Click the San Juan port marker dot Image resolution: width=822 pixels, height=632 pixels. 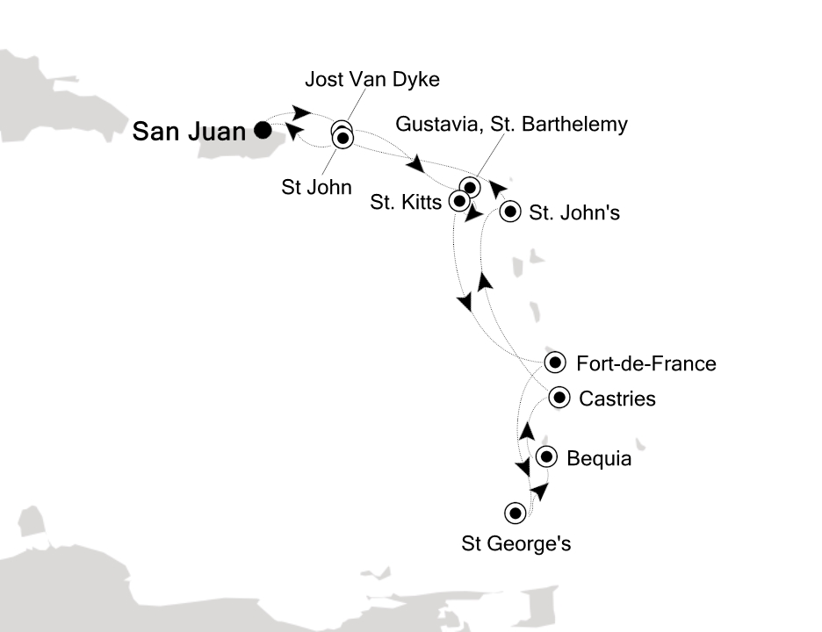262,132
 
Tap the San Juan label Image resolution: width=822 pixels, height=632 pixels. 188,133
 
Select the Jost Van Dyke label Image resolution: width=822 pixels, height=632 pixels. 371,80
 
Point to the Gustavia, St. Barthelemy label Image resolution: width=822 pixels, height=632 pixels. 512,124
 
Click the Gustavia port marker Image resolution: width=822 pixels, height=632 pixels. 471,187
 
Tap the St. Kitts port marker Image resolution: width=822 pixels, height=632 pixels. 458,201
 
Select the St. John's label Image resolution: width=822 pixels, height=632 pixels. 573,212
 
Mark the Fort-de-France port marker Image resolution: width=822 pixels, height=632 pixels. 554,363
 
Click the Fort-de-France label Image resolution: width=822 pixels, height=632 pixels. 645,363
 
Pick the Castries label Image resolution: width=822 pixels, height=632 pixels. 617,399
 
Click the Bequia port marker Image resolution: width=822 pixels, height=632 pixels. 546,457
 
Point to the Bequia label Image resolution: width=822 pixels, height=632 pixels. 599,458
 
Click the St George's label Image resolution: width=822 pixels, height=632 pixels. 516,544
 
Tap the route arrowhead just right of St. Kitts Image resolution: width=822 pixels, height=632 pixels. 474,214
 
